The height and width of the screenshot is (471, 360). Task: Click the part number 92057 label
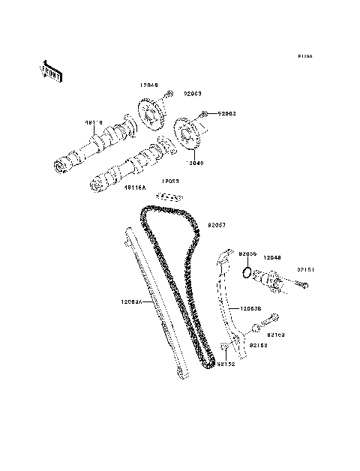tap(216, 223)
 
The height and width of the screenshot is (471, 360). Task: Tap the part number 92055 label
tap(248, 254)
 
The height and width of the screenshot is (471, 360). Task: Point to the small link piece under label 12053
tap(169, 197)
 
